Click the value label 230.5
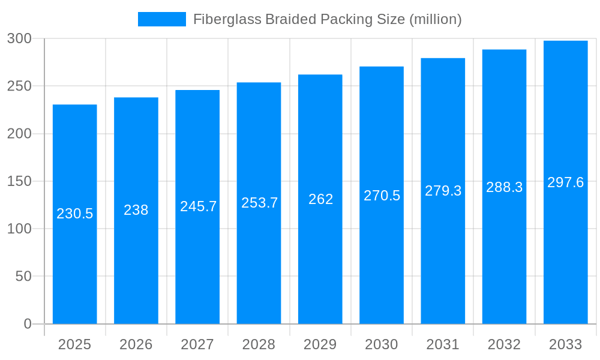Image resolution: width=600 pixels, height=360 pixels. (x=75, y=214)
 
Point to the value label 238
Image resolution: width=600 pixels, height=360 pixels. (x=136, y=210)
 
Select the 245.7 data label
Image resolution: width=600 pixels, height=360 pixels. (x=198, y=206)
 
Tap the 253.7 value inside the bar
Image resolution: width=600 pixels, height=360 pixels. (x=259, y=203)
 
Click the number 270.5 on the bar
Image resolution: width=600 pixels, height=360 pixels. (x=382, y=196)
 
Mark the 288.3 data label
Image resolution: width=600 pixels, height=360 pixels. (x=504, y=187)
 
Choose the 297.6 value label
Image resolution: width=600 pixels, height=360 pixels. (x=565, y=182)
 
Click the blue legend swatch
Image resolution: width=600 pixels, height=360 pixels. (x=162, y=19)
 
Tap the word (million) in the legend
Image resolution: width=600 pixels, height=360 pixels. (x=435, y=19)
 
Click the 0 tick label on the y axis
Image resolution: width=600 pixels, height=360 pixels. (x=28, y=324)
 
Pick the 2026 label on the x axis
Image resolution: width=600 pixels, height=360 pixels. (x=136, y=344)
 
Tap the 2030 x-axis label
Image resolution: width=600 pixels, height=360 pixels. (x=382, y=344)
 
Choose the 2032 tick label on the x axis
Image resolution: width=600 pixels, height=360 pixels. (x=504, y=344)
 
